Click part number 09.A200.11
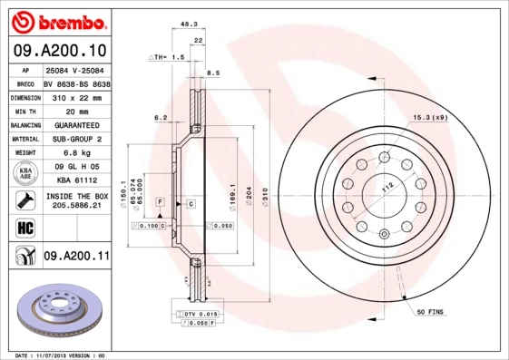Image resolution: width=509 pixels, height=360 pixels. tap(76, 258)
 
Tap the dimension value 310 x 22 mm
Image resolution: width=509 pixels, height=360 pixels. tap(76, 97)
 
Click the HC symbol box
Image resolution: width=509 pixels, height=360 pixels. tap(23, 227)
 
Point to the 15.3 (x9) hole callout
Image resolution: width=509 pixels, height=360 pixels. tap(431, 118)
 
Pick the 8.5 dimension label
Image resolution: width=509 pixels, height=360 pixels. tap(214, 73)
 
